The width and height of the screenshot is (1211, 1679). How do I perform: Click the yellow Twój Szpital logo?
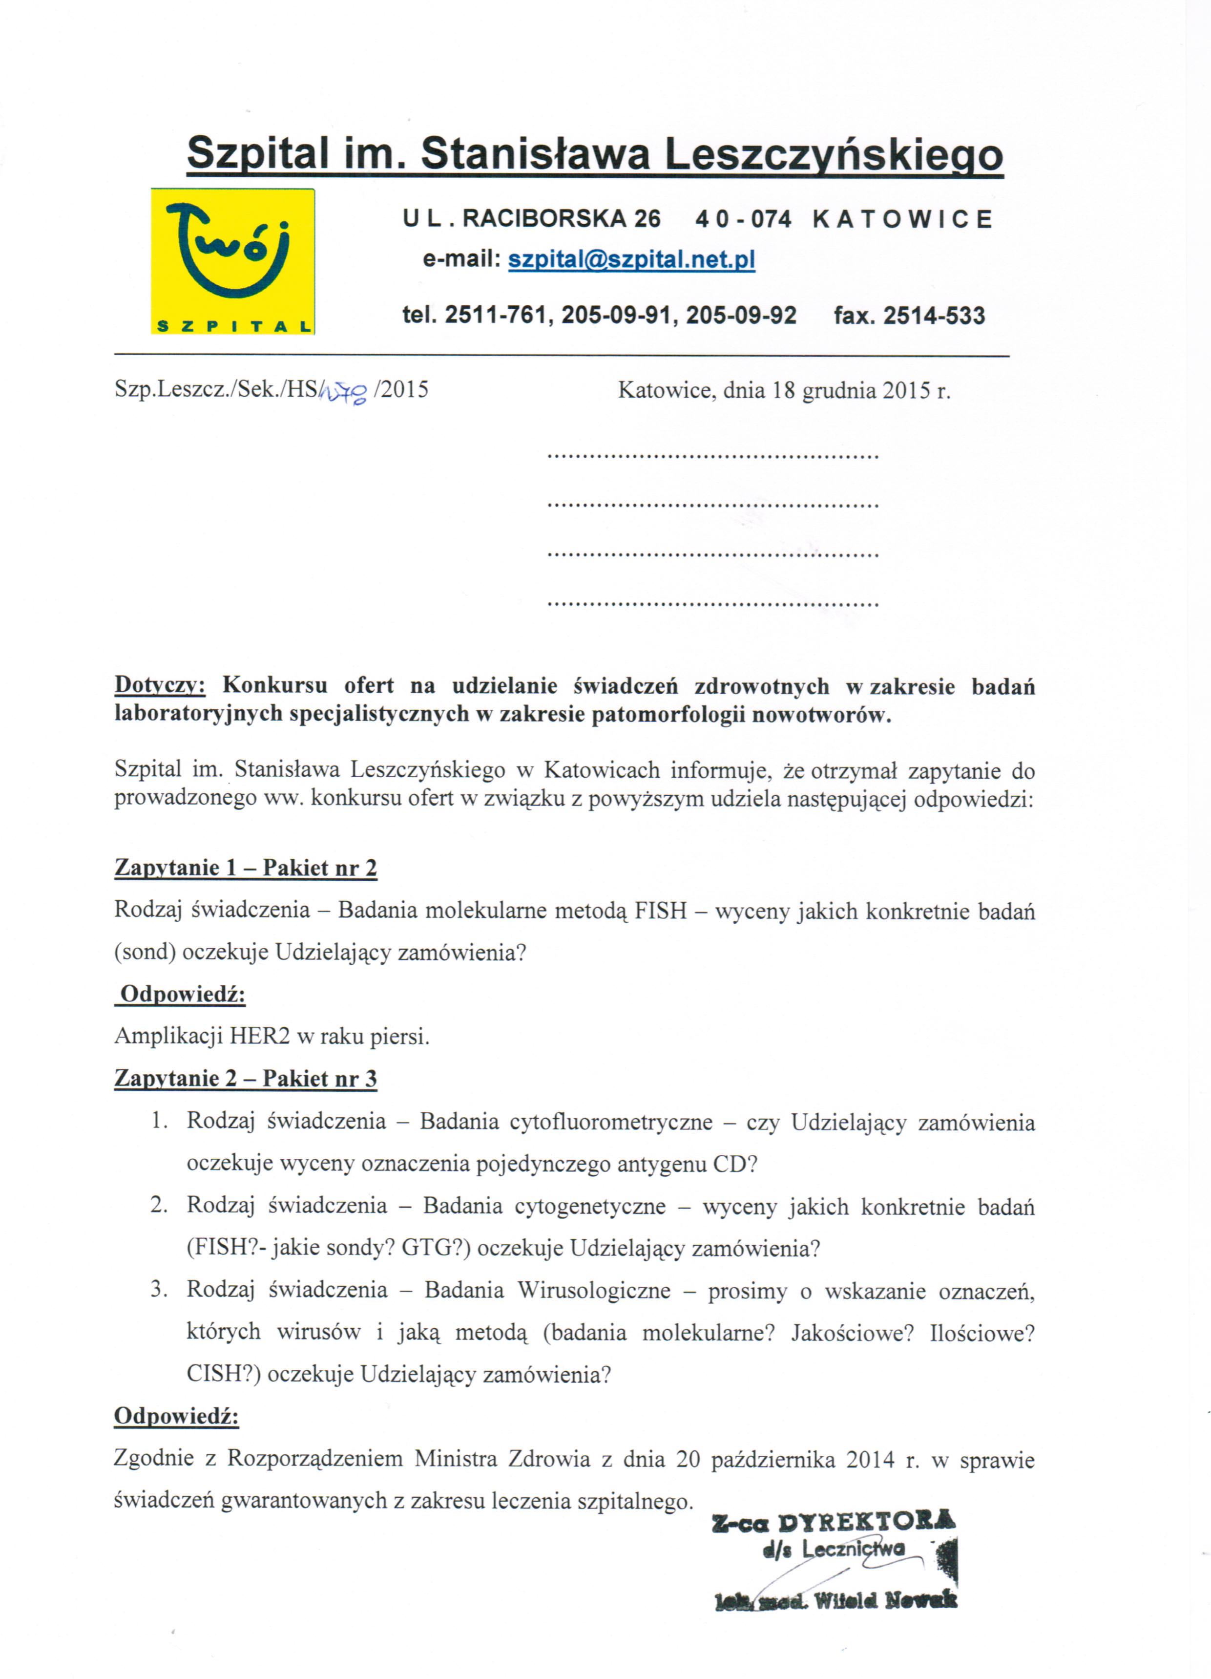coord(232,261)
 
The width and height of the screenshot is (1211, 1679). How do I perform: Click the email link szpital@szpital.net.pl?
coord(631,260)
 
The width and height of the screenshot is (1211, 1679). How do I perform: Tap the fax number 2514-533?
coord(934,316)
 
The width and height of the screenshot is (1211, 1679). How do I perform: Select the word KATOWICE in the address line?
coord(902,219)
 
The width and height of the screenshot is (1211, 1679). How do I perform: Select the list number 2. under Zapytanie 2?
coord(159,1205)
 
